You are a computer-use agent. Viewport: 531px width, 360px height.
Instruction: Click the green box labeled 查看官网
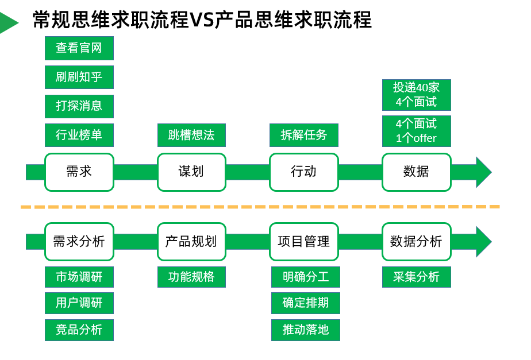click(x=79, y=48)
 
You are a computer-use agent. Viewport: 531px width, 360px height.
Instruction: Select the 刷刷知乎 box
click(x=79, y=77)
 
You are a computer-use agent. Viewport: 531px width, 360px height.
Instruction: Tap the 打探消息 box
click(x=79, y=106)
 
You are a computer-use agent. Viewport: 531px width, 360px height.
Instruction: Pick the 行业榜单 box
click(x=79, y=135)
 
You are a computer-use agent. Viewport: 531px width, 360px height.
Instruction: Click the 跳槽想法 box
click(x=191, y=135)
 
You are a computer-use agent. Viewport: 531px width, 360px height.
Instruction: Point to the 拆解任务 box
click(x=304, y=135)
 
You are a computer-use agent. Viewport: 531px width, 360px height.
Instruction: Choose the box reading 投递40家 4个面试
click(x=417, y=95)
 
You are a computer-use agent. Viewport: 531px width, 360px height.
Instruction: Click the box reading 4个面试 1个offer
click(x=417, y=131)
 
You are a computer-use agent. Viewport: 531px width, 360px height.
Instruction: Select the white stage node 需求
click(x=79, y=172)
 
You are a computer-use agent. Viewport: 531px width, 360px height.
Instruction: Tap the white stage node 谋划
click(x=191, y=172)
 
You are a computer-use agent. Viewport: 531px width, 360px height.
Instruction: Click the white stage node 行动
click(x=304, y=172)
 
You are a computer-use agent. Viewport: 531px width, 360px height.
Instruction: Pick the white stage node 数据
click(x=417, y=172)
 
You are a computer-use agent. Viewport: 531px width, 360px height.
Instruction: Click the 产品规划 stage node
click(x=191, y=242)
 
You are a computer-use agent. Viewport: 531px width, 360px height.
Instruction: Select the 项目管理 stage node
click(x=304, y=242)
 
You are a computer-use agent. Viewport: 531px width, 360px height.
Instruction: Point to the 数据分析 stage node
click(x=417, y=242)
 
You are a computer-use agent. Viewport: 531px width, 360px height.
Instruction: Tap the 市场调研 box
click(x=79, y=277)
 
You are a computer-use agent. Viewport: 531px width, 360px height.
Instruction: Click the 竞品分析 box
click(x=79, y=330)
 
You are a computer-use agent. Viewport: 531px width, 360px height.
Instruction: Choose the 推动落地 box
click(x=306, y=330)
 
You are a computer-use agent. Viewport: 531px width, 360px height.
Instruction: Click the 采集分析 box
click(x=417, y=277)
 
